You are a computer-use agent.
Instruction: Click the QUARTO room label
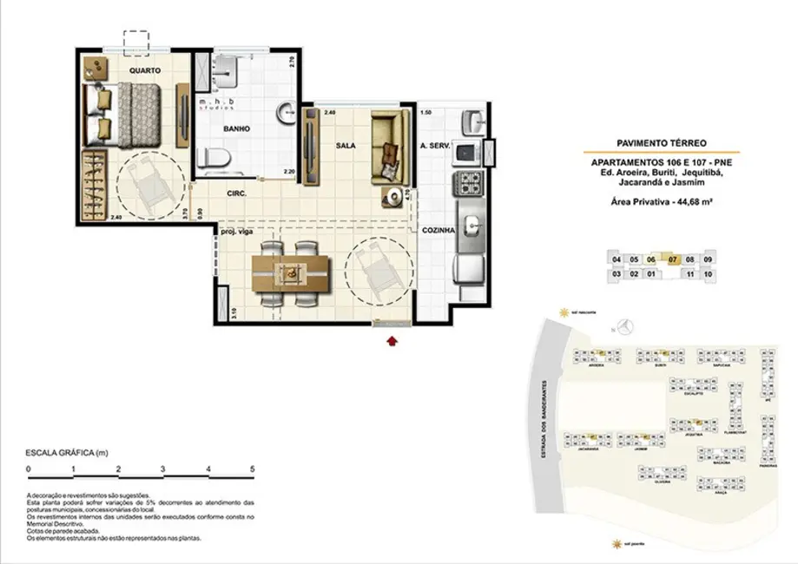coord(143,70)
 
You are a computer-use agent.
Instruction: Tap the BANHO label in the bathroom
coord(236,129)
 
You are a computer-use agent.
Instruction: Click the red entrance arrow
coord(392,340)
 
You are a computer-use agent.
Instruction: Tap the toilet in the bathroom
coord(214,159)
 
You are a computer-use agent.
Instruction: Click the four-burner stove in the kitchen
coord(469,182)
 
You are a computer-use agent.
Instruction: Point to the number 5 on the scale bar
coord(252,469)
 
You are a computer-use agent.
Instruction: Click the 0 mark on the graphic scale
coord(29,469)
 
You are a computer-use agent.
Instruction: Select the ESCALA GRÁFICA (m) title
coord(66,453)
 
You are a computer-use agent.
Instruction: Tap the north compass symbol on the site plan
coord(633,327)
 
